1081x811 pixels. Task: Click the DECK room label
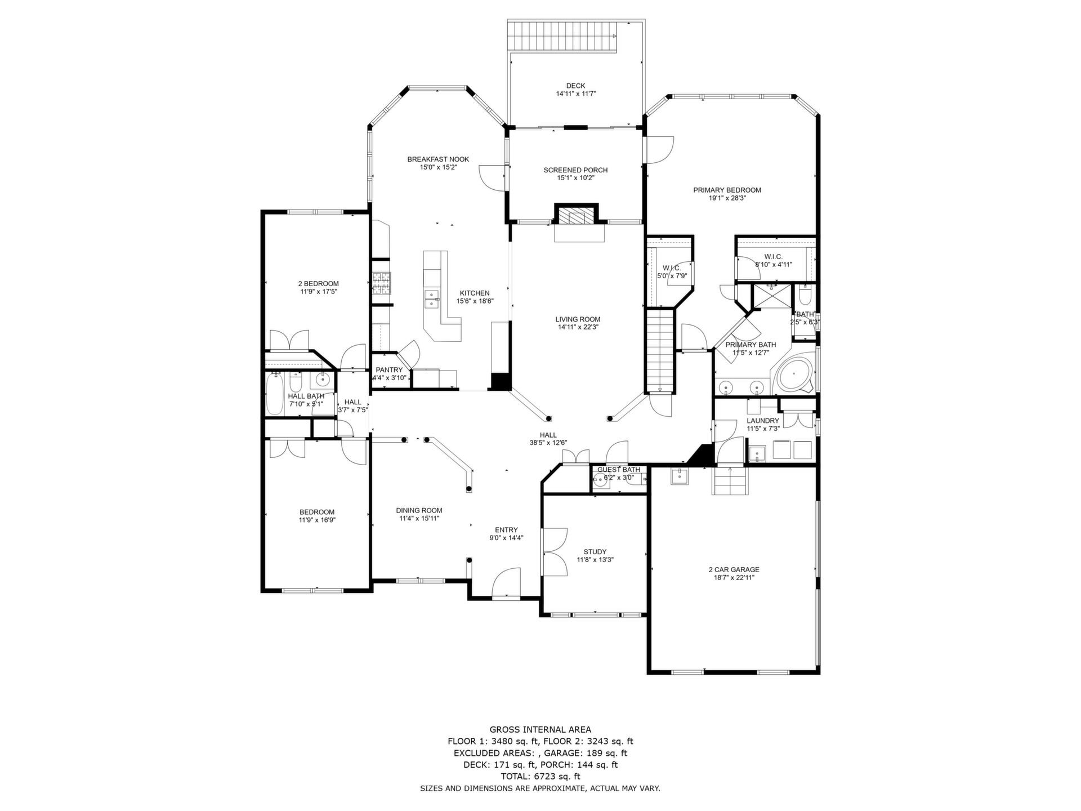pos(575,86)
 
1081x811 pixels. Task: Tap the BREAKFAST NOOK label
pos(438,159)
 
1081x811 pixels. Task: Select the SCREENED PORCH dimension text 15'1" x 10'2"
pos(575,178)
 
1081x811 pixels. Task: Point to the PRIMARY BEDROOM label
pos(727,190)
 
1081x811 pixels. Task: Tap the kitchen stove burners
pos(381,283)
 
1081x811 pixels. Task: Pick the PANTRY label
pos(389,370)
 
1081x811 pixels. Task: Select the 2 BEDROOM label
pos(318,284)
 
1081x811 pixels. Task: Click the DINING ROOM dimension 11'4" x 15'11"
pos(419,519)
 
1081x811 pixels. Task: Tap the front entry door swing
pos(506,581)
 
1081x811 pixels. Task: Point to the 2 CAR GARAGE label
pos(734,569)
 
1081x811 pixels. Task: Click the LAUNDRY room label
pos(763,421)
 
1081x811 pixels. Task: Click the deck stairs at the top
pos(563,35)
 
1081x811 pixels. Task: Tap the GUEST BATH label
pos(619,470)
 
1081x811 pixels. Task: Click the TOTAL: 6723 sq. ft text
pos(540,777)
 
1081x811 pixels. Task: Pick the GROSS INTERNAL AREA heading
pos(540,729)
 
